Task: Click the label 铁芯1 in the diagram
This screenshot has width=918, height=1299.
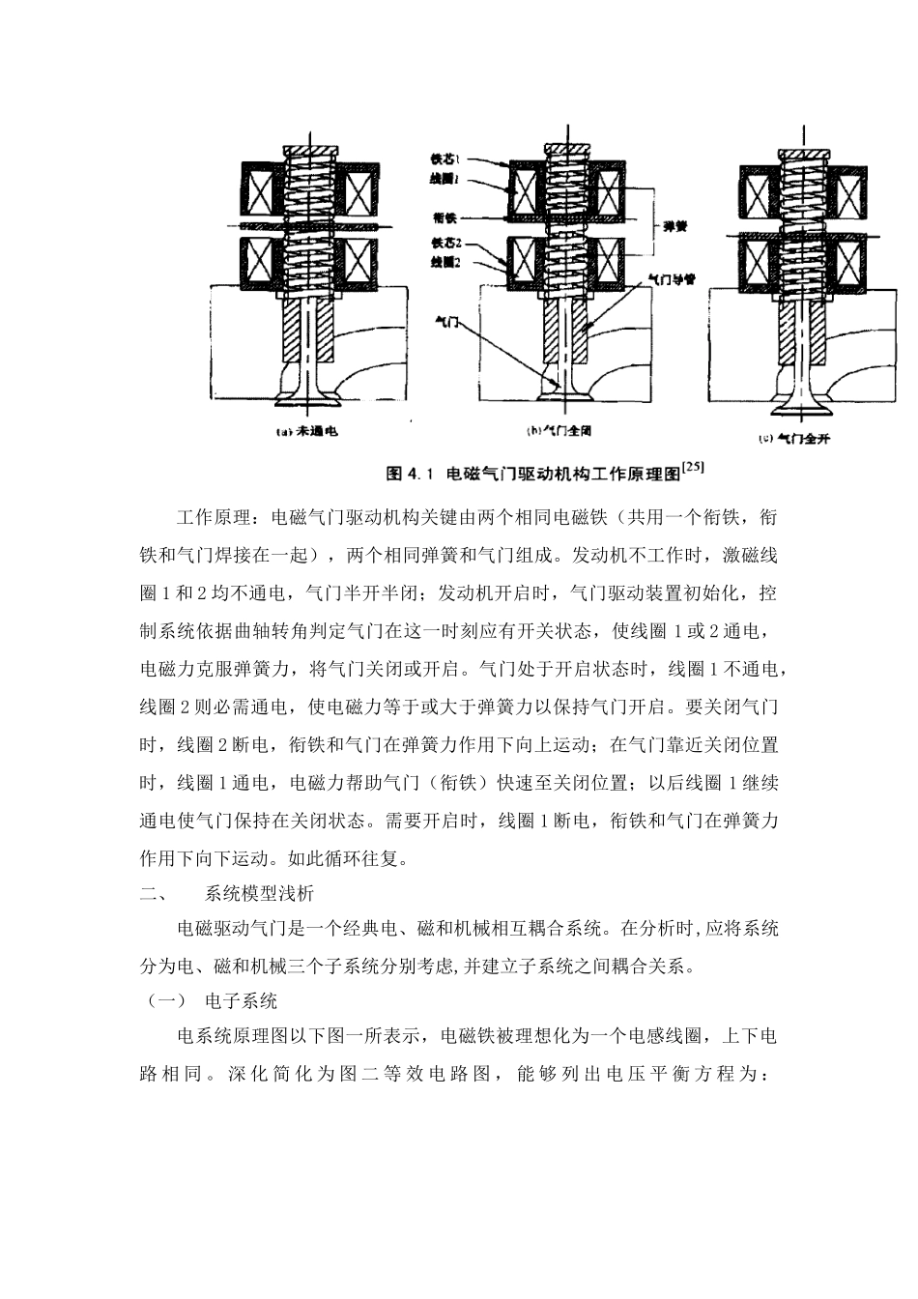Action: pyautogui.click(x=446, y=157)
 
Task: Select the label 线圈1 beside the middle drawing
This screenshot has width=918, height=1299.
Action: pyautogui.click(x=446, y=178)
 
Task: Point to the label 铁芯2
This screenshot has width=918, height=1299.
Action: pyautogui.click(x=446, y=245)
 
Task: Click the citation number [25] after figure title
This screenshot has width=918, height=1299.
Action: pyautogui.click(x=692, y=467)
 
